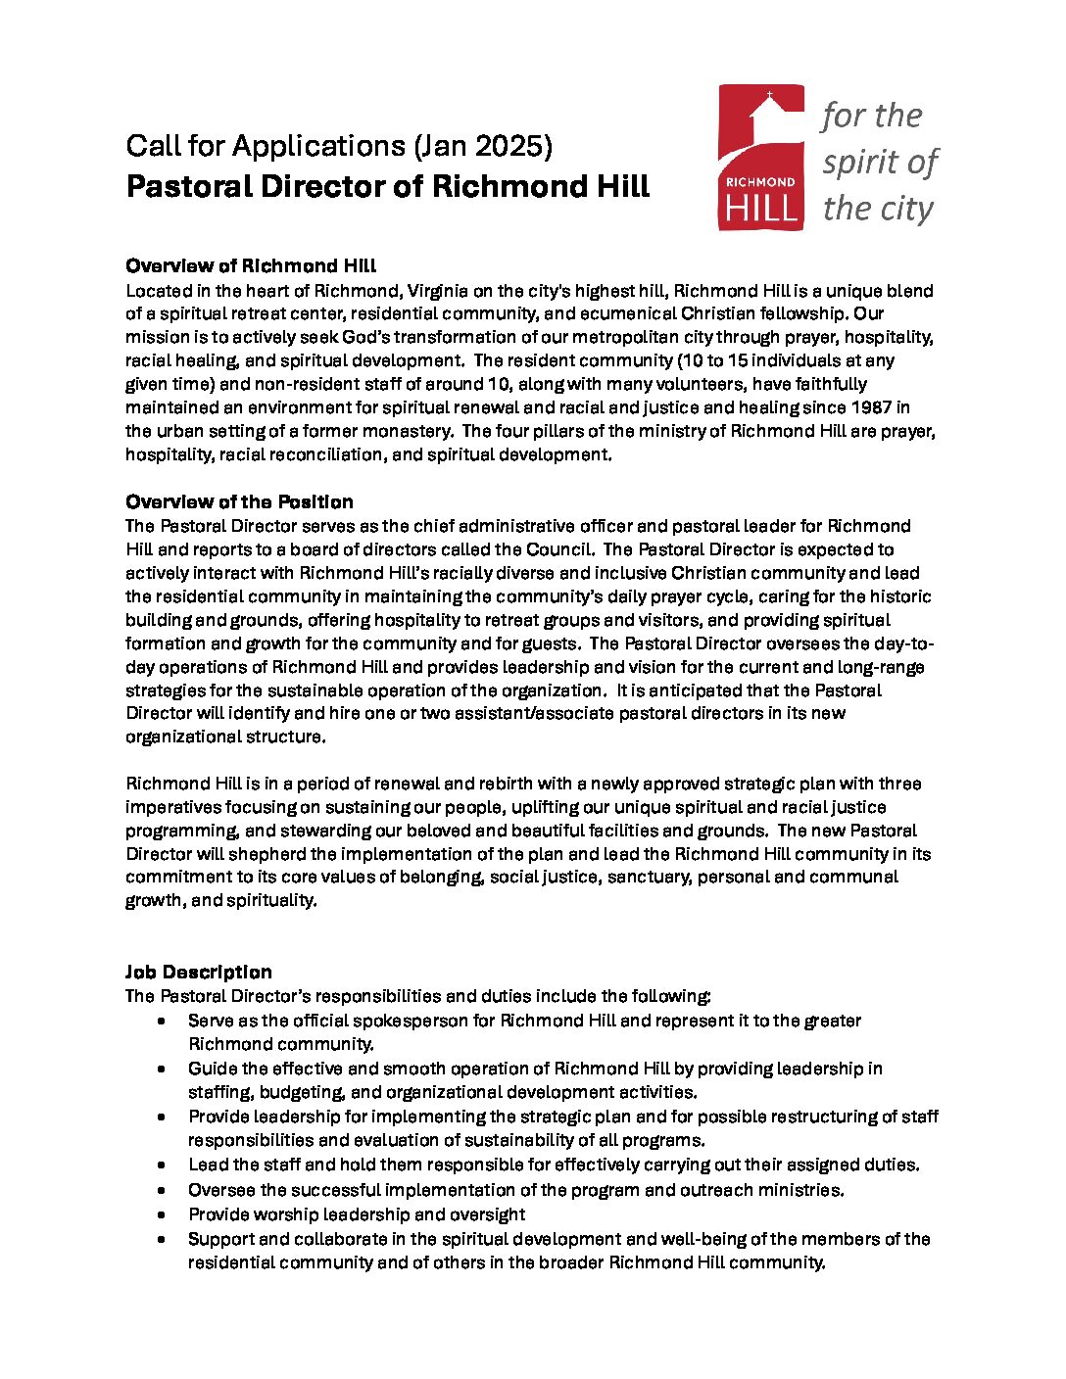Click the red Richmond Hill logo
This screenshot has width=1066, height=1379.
pos(761,157)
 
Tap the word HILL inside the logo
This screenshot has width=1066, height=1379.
pos(761,209)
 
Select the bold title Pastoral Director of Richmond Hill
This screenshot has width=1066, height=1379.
pos(388,186)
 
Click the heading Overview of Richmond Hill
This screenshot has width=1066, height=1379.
pos(251,265)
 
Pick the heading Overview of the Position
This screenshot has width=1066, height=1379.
pos(239,501)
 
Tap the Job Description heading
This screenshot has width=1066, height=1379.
pos(199,972)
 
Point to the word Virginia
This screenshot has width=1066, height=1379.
pos(444,291)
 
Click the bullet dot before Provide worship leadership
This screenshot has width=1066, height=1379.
pos(162,1214)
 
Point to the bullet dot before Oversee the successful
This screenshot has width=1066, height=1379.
pos(162,1190)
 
